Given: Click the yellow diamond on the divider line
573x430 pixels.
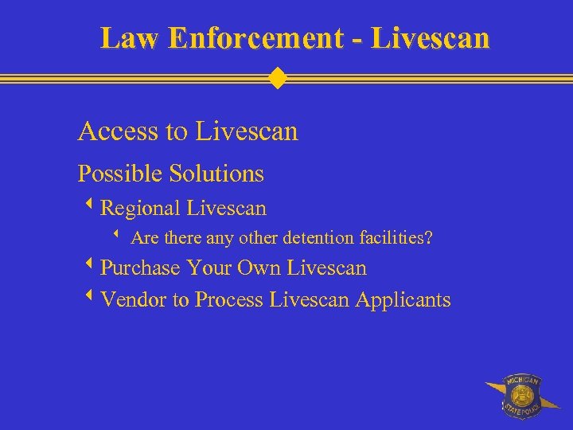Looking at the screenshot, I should point(277,79).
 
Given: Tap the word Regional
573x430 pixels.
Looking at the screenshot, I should point(141,209).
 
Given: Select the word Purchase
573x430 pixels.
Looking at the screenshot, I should point(141,268).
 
